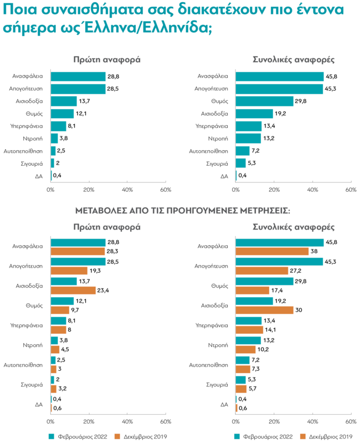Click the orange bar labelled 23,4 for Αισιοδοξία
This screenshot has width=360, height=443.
[x=73, y=290]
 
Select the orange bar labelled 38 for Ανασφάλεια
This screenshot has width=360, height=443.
[x=272, y=251]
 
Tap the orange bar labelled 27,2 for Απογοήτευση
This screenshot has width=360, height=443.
[x=261, y=271]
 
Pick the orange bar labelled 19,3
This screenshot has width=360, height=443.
[x=69, y=271]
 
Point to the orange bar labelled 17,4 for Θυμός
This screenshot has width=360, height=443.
[x=252, y=290]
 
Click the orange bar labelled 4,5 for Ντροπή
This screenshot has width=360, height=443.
[x=55, y=349]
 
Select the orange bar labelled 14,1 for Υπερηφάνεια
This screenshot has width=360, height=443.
[x=249, y=329]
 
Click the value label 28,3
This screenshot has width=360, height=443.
[x=113, y=251]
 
